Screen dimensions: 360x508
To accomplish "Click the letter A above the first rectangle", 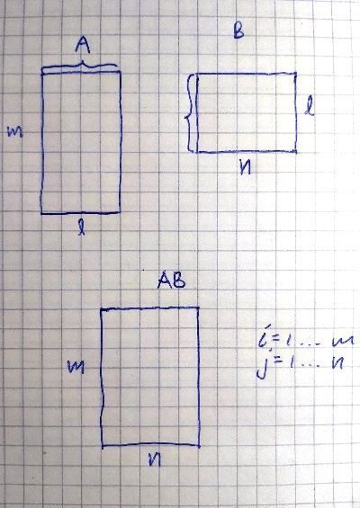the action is coord(83,45).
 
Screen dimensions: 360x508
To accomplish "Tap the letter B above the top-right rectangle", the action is coord(238,31).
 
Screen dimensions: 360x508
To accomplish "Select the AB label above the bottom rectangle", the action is coord(171,281).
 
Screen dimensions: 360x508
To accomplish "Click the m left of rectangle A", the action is coord(15,131).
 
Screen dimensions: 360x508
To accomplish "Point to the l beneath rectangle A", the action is coord(81,227).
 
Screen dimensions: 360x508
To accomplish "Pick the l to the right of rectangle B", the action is coord(309,107).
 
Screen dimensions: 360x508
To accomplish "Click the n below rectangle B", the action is coord(245,168).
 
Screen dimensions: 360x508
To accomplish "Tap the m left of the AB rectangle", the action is coord(76,367).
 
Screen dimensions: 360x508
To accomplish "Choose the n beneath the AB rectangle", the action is coord(155,459).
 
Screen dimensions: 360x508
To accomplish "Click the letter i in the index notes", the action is coord(262,339).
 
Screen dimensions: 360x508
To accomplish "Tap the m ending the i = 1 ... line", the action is coord(343,341).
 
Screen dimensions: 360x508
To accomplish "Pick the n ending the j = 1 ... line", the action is coord(337,363).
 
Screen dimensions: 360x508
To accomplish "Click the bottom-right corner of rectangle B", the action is coord(296,151).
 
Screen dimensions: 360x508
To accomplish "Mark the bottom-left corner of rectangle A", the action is coord(41,214).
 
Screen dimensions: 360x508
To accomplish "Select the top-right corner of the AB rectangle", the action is coord(198,307).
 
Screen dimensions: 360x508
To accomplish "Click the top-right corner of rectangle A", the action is coord(121,71).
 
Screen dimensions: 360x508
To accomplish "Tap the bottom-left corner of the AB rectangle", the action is coord(103,446).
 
